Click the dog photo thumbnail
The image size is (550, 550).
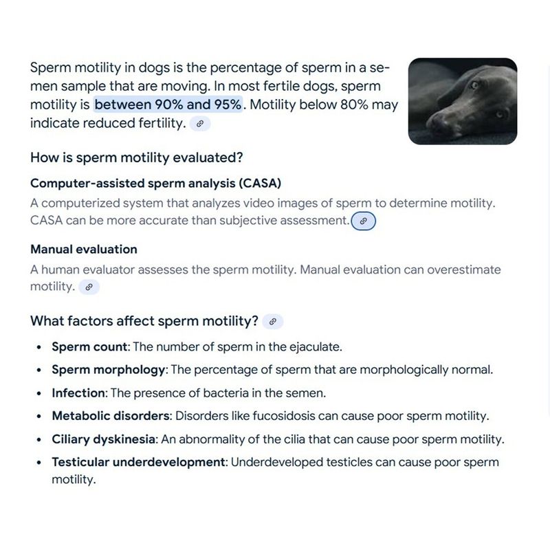(x=462, y=101)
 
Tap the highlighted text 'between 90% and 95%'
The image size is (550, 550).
(x=168, y=105)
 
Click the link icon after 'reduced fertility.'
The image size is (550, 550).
(x=200, y=124)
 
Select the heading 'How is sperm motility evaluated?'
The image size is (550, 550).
(x=137, y=157)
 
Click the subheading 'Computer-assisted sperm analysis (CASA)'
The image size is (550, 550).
(x=156, y=184)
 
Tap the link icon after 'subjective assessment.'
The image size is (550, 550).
(x=364, y=221)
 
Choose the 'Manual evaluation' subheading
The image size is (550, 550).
(x=84, y=249)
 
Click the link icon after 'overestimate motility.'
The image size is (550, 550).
(x=89, y=287)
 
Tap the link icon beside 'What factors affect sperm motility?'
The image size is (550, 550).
(x=273, y=321)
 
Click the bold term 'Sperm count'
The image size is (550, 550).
(x=89, y=346)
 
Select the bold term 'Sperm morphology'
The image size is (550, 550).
(x=109, y=370)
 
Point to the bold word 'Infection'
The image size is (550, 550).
(x=78, y=393)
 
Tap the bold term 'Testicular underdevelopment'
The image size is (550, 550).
(x=138, y=462)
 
